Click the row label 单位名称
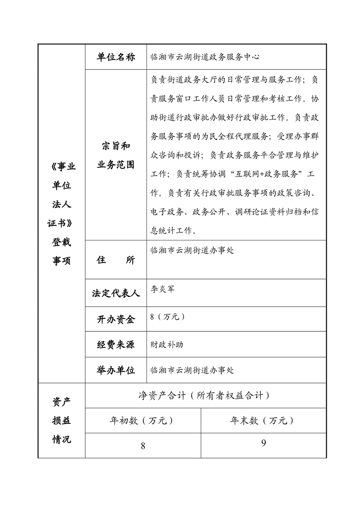point(116,57)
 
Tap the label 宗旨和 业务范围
point(116,155)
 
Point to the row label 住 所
point(116,260)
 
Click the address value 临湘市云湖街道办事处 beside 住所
point(192,250)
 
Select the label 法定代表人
point(116,293)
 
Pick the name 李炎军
point(162,289)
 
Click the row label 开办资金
point(116,319)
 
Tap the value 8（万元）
point(167,317)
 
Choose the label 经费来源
point(116,344)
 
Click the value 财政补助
point(166,344)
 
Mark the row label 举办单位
point(116,370)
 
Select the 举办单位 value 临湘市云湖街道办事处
point(192,370)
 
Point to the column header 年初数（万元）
point(142,421)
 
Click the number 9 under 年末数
point(263,443)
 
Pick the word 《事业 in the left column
point(61,166)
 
